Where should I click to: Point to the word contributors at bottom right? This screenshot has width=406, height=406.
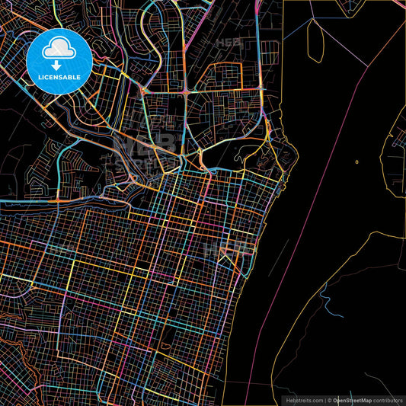388,399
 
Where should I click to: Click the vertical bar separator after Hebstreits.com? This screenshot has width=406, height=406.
325,399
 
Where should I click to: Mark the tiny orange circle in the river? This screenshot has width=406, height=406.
356,161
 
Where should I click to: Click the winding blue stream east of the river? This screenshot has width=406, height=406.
325,301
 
